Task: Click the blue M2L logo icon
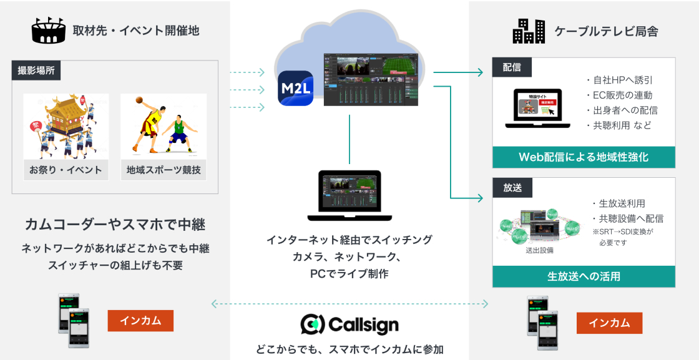coord(296,88)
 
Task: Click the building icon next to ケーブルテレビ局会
coord(529,31)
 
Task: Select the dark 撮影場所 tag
coord(36,71)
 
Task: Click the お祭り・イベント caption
coord(66,170)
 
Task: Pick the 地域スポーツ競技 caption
coord(164,170)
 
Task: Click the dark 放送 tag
coord(511,187)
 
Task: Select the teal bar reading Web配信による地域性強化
coord(584,157)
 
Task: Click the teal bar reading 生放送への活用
coord(584,276)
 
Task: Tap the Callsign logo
coord(349,324)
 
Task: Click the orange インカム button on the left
coord(140,321)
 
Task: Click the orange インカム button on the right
coord(609,323)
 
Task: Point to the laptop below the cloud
coord(349,195)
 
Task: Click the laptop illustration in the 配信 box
coord(537,109)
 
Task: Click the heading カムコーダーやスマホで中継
coord(115,224)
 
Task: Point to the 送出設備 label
coord(540,250)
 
